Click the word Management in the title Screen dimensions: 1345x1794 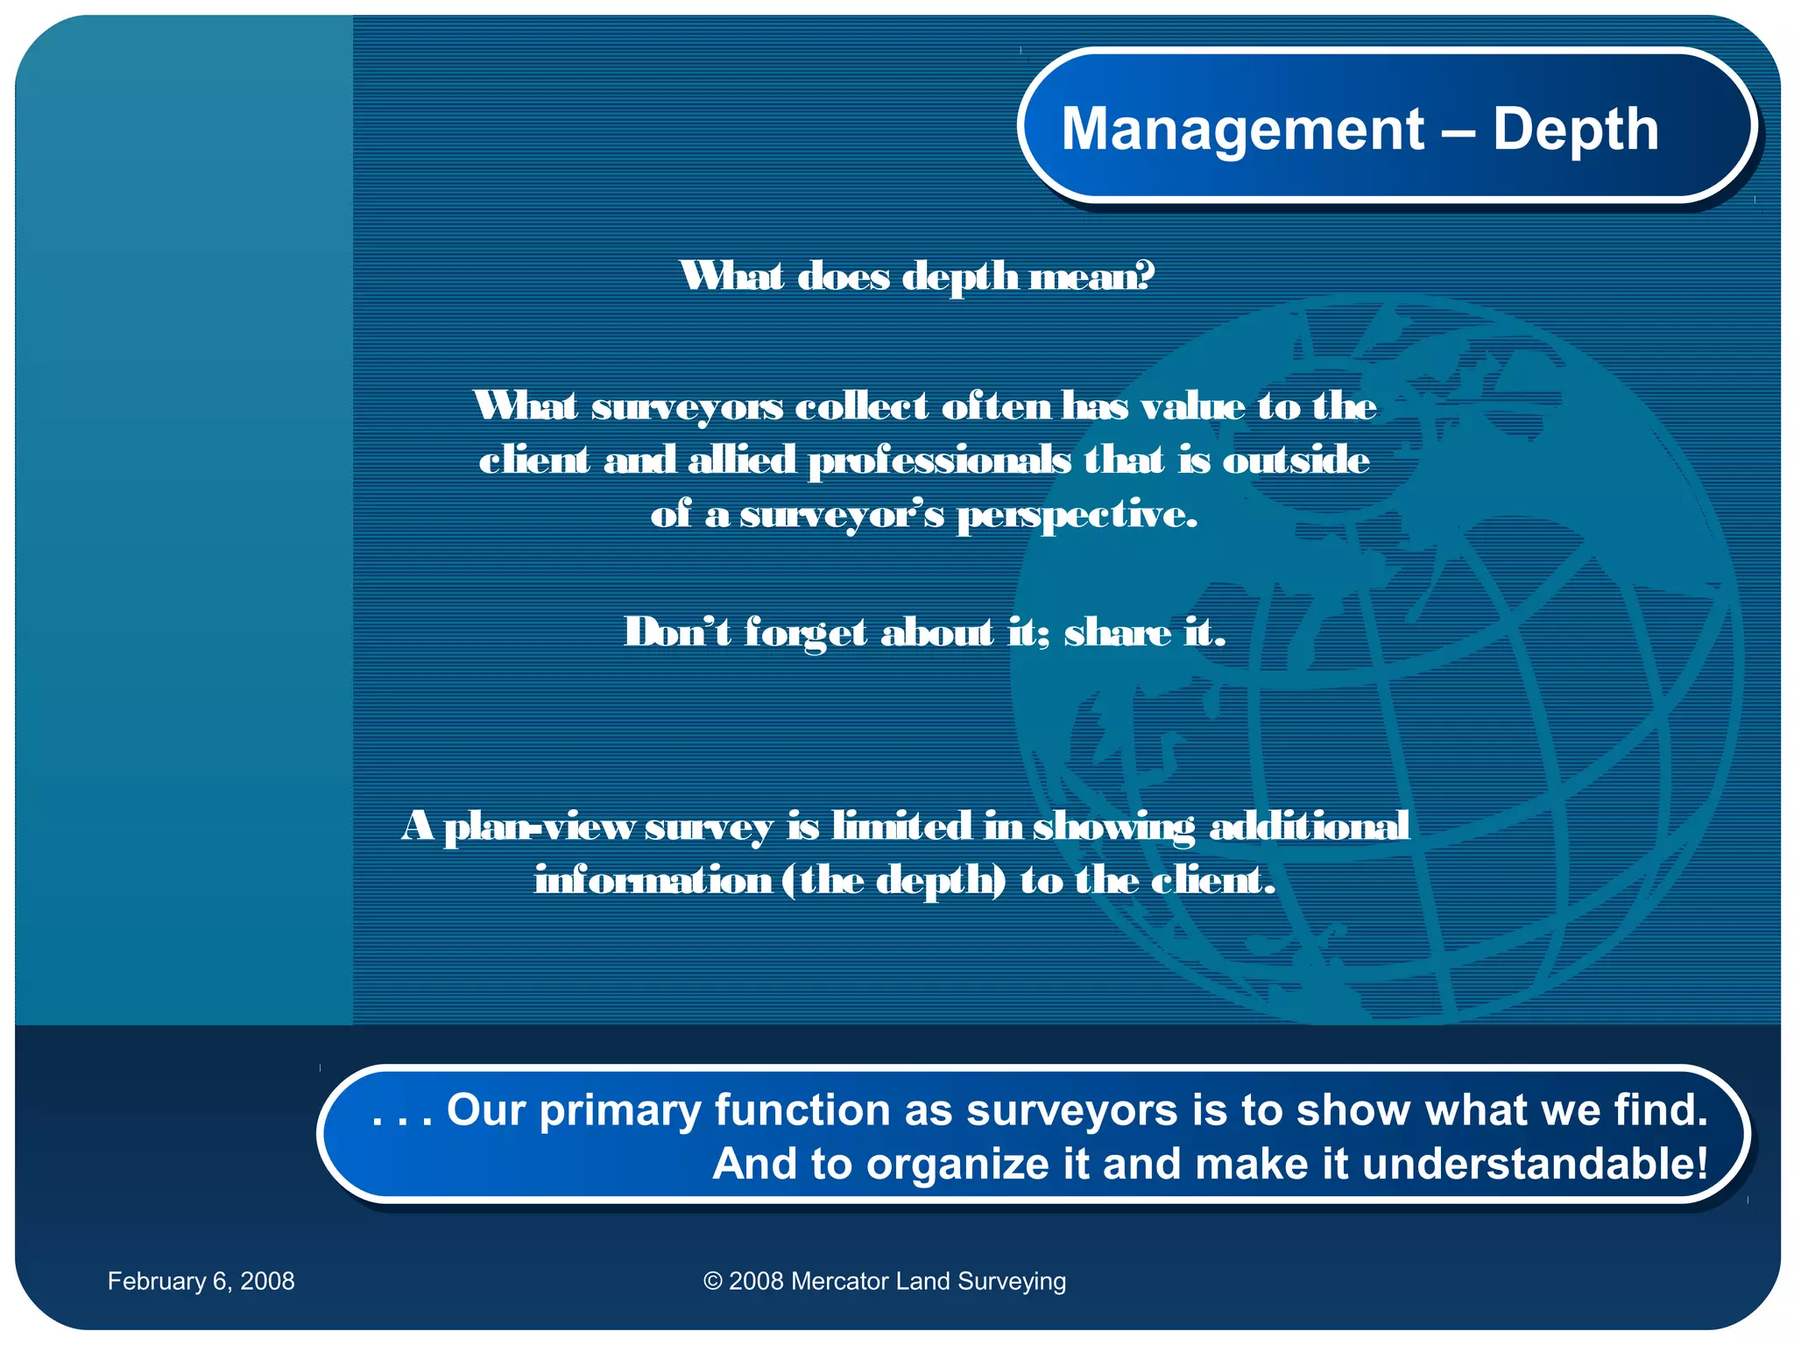pyautogui.click(x=1242, y=130)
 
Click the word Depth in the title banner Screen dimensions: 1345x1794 pyautogui.click(x=1575, y=130)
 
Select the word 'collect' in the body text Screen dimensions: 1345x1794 pyautogui.click(x=862, y=406)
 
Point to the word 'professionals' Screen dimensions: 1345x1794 pyautogui.click(x=939, y=461)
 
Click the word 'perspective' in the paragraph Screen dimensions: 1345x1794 pyautogui.click(x=1077, y=516)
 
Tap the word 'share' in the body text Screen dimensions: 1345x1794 pyautogui.click(x=1117, y=632)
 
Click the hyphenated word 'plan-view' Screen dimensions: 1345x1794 pyautogui.click(x=540, y=827)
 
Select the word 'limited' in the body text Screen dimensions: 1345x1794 pyautogui.click(x=901, y=826)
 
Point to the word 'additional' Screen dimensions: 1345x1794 pyautogui.click(x=1309, y=826)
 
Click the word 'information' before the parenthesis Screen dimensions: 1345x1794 pyautogui.click(x=653, y=880)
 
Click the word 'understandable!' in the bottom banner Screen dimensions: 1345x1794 pyautogui.click(x=1535, y=1165)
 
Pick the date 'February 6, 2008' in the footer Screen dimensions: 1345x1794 pyautogui.click(x=201, y=1281)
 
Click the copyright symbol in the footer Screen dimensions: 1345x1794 pyautogui.click(x=712, y=1281)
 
